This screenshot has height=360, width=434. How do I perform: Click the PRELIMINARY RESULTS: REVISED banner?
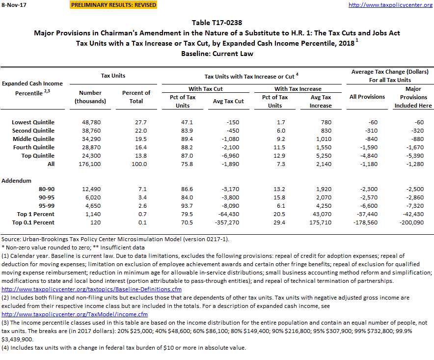(x=113, y=5)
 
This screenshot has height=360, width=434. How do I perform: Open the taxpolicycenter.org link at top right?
(x=390, y=5)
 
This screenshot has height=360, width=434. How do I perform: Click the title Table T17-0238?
(x=217, y=23)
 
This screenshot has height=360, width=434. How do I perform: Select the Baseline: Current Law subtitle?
(x=217, y=53)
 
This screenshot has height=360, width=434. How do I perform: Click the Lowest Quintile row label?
(x=33, y=122)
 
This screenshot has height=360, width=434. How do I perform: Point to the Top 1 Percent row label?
(x=36, y=214)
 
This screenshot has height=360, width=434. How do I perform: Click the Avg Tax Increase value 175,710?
(x=321, y=222)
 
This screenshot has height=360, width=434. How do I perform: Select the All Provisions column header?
(x=367, y=97)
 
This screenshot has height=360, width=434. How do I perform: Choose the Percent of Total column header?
(x=136, y=97)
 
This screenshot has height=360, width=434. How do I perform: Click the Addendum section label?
(x=17, y=181)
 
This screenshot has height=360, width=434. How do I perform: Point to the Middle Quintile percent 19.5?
(x=136, y=139)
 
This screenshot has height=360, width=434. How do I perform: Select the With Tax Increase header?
(x=298, y=89)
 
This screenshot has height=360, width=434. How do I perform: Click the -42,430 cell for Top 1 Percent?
(x=413, y=214)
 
